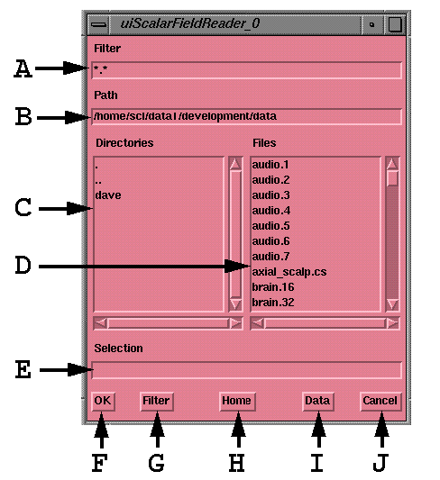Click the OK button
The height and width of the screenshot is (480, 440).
click(103, 401)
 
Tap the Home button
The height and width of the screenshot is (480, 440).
click(237, 401)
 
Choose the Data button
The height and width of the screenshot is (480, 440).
click(317, 401)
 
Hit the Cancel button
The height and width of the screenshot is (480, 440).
click(380, 401)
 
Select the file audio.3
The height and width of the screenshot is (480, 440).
click(270, 195)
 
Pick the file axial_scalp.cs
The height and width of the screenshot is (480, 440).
click(289, 272)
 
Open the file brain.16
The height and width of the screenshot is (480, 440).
click(273, 287)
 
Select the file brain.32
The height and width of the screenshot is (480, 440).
click(273, 303)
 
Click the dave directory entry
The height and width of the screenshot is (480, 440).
click(108, 195)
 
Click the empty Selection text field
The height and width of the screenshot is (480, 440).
click(247, 370)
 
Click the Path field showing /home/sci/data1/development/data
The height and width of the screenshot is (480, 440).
click(247, 117)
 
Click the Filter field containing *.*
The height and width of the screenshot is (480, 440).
click(247, 70)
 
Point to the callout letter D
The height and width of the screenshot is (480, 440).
click(23, 265)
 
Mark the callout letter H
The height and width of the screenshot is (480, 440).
click(237, 463)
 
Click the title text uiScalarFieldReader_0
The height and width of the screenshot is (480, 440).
click(190, 23)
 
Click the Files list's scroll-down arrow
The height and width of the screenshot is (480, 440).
click(392, 305)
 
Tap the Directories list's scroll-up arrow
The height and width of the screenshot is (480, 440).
click(235, 164)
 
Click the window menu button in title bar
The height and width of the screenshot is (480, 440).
click(99, 24)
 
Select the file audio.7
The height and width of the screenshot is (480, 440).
click(270, 257)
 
